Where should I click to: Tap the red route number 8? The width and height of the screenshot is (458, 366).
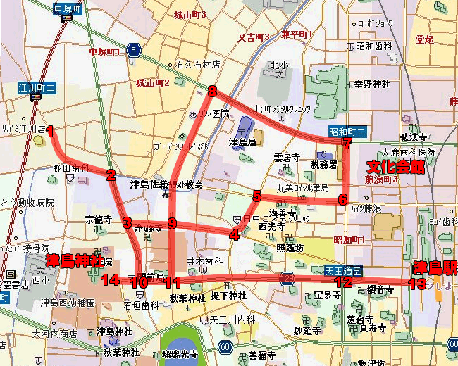211,90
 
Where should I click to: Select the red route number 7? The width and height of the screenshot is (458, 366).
345,144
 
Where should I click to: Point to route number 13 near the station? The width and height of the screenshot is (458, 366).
416,284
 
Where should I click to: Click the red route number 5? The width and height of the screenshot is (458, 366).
257,196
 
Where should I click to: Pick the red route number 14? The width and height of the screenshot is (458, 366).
109,280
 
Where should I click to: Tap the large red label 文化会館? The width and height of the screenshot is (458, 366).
396,166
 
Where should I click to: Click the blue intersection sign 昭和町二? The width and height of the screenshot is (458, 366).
347,131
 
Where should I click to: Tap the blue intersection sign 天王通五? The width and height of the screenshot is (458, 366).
344,270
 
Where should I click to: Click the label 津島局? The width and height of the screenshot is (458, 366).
242,142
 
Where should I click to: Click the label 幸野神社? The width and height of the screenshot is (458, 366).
371,84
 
